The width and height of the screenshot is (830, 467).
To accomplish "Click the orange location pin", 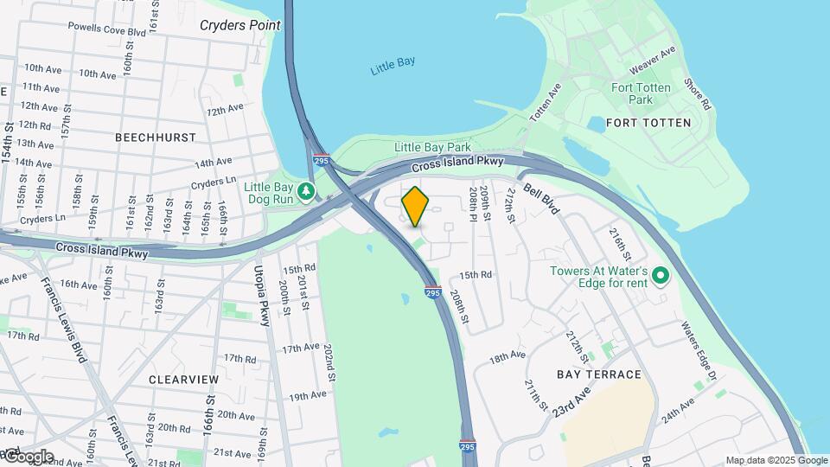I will [415, 206].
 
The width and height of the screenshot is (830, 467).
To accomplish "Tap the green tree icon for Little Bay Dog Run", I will [305, 191].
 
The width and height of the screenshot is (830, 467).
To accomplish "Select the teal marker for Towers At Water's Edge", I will [661, 277].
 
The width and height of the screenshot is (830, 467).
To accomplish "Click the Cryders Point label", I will [240, 25].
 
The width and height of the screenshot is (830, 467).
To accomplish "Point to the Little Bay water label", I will [393, 67].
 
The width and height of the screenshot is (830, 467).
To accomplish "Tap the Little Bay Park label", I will [432, 148].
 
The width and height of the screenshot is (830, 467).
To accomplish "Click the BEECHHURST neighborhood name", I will [156, 137].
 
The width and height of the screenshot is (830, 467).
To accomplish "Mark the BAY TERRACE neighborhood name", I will [599, 374].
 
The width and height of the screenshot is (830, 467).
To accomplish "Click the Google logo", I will [28, 457].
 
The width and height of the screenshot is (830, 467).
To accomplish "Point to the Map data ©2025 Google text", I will [776, 461].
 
